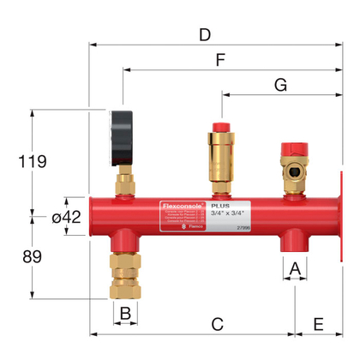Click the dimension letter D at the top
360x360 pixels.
tap(203, 35)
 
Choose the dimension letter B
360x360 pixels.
tap(124, 313)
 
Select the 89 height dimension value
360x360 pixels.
tap(31, 257)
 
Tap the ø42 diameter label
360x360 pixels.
tap(66, 218)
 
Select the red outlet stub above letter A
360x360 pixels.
tap(294, 241)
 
